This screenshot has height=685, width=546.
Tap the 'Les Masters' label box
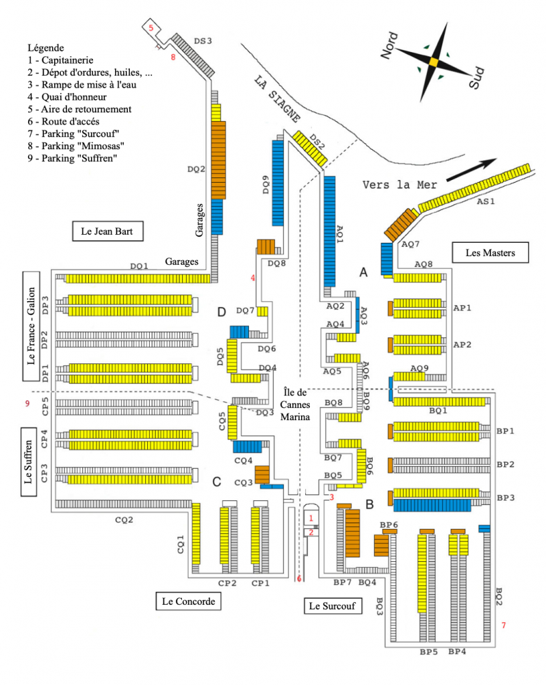(x=490, y=252)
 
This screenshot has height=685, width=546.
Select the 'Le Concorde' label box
(x=188, y=601)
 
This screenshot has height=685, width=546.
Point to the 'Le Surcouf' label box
(x=331, y=607)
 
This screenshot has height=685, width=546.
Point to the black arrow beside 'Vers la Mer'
(x=472, y=169)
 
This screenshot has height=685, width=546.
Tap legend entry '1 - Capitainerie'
(x=60, y=60)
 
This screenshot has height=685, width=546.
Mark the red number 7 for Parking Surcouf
(x=504, y=625)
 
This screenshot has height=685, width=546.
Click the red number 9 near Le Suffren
(x=27, y=403)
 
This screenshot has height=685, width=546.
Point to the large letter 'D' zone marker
(x=223, y=312)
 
